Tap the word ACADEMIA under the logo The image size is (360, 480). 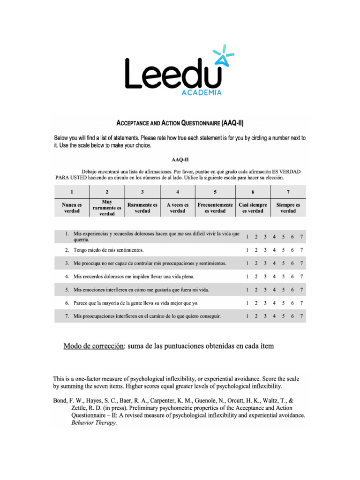(x=201, y=93)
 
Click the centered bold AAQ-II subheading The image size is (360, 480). (x=180, y=159)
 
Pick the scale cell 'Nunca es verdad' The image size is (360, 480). (x=72, y=208)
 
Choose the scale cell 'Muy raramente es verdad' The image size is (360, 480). (x=107, y=208)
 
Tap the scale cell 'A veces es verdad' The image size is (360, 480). (x=177, y=208)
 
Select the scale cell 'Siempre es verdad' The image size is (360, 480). (x=288, y=208)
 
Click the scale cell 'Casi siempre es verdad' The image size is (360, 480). (x=252, y=208)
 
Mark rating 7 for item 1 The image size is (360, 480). (x=302, y=236)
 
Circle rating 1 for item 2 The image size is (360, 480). (x=247, y=250)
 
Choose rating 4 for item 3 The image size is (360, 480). (x=274, y=263)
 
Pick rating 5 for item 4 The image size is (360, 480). (x=283, y=277)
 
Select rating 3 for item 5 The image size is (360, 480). (x=265, y=290)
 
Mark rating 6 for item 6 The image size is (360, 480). (x=292, y=303)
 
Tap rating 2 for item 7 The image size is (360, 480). (x=256, y=316)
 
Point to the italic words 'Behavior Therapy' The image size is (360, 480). (x=93, y=422)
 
